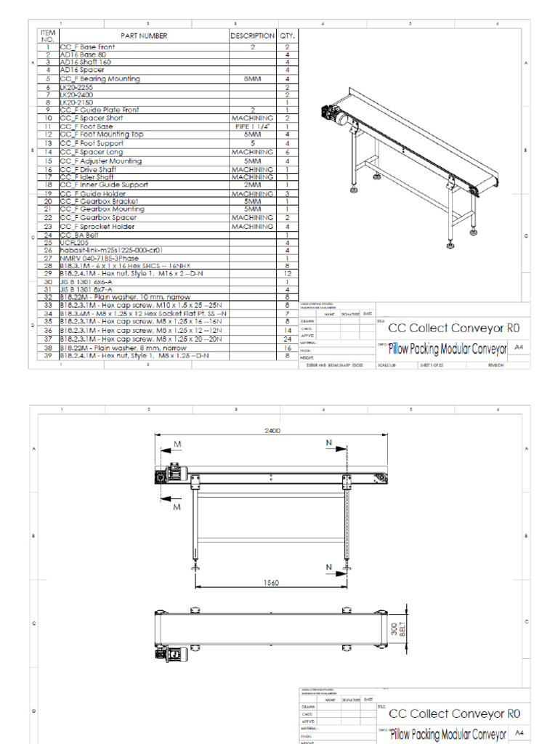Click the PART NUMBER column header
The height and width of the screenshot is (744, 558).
pyautogui.click(x=144, y=36)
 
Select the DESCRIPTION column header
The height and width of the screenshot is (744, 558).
pyautogui.click(x=252, y=36)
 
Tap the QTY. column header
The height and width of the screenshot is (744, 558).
pyautogui.click(x=288, y=36)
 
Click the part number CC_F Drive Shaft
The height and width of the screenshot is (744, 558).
pyautogui.click(x=86, y=169)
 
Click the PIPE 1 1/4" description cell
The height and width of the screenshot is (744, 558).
pyautogui.click(x=252, y=126)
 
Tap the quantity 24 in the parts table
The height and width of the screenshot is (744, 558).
pyautogui.click(x=288, y=339)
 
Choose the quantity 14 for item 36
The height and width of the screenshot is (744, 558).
pyautogui.click(x=288, y=330)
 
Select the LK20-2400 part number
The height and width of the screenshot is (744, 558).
pyautogui.click(x=76, y=94)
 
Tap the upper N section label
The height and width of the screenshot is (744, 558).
pyautogui.click(x=328, y=442)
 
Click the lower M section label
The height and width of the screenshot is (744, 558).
pyautogui.click(x=176, y=507)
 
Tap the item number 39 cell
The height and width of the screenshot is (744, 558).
pyautogui.click(x=48, y=356)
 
